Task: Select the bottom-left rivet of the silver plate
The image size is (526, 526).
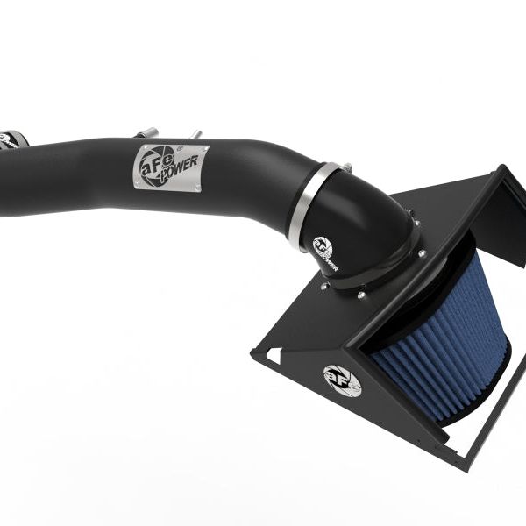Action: (x=138, y=182)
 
